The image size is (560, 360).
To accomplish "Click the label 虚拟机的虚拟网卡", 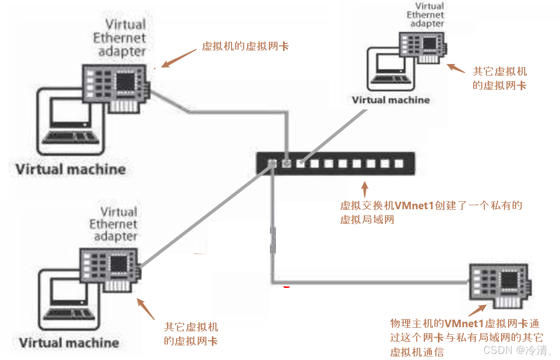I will click(245, 46).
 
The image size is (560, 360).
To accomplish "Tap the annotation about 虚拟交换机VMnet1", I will click(431, 212).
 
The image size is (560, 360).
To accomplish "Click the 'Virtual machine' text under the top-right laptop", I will click(391, 100).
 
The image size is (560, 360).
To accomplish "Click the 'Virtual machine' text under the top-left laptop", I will click(70, 169).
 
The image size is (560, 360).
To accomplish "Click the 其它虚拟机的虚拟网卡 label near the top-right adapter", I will click(499, 79).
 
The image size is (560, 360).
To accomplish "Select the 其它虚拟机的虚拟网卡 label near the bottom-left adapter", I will click(191, 334).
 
